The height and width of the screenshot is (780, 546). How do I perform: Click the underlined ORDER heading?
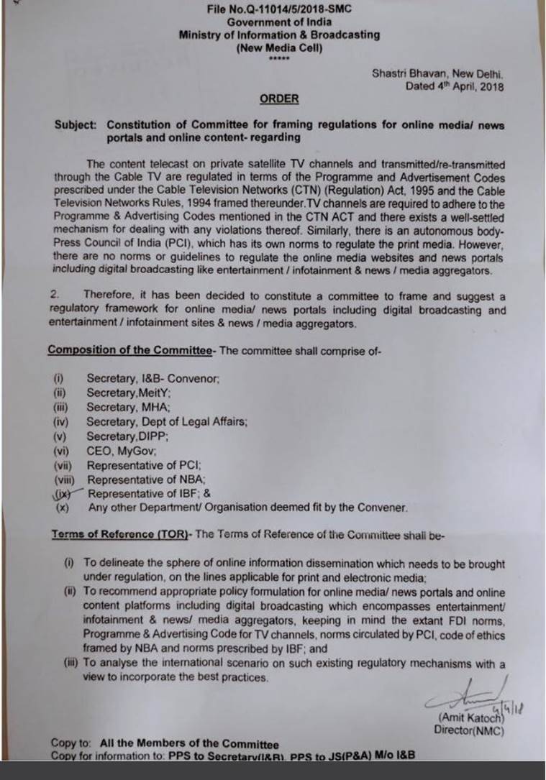(279, 98)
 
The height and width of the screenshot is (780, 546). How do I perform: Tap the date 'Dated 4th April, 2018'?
(455, 86)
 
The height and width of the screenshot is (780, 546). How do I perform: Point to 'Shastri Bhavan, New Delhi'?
(439, 73)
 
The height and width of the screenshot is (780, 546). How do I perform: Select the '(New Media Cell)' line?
(279, 47)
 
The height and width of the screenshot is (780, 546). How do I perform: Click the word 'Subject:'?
(76, 125)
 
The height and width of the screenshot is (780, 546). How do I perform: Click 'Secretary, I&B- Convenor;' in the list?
(153, 379)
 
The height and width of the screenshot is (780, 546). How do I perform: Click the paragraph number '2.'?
(55, 295)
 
